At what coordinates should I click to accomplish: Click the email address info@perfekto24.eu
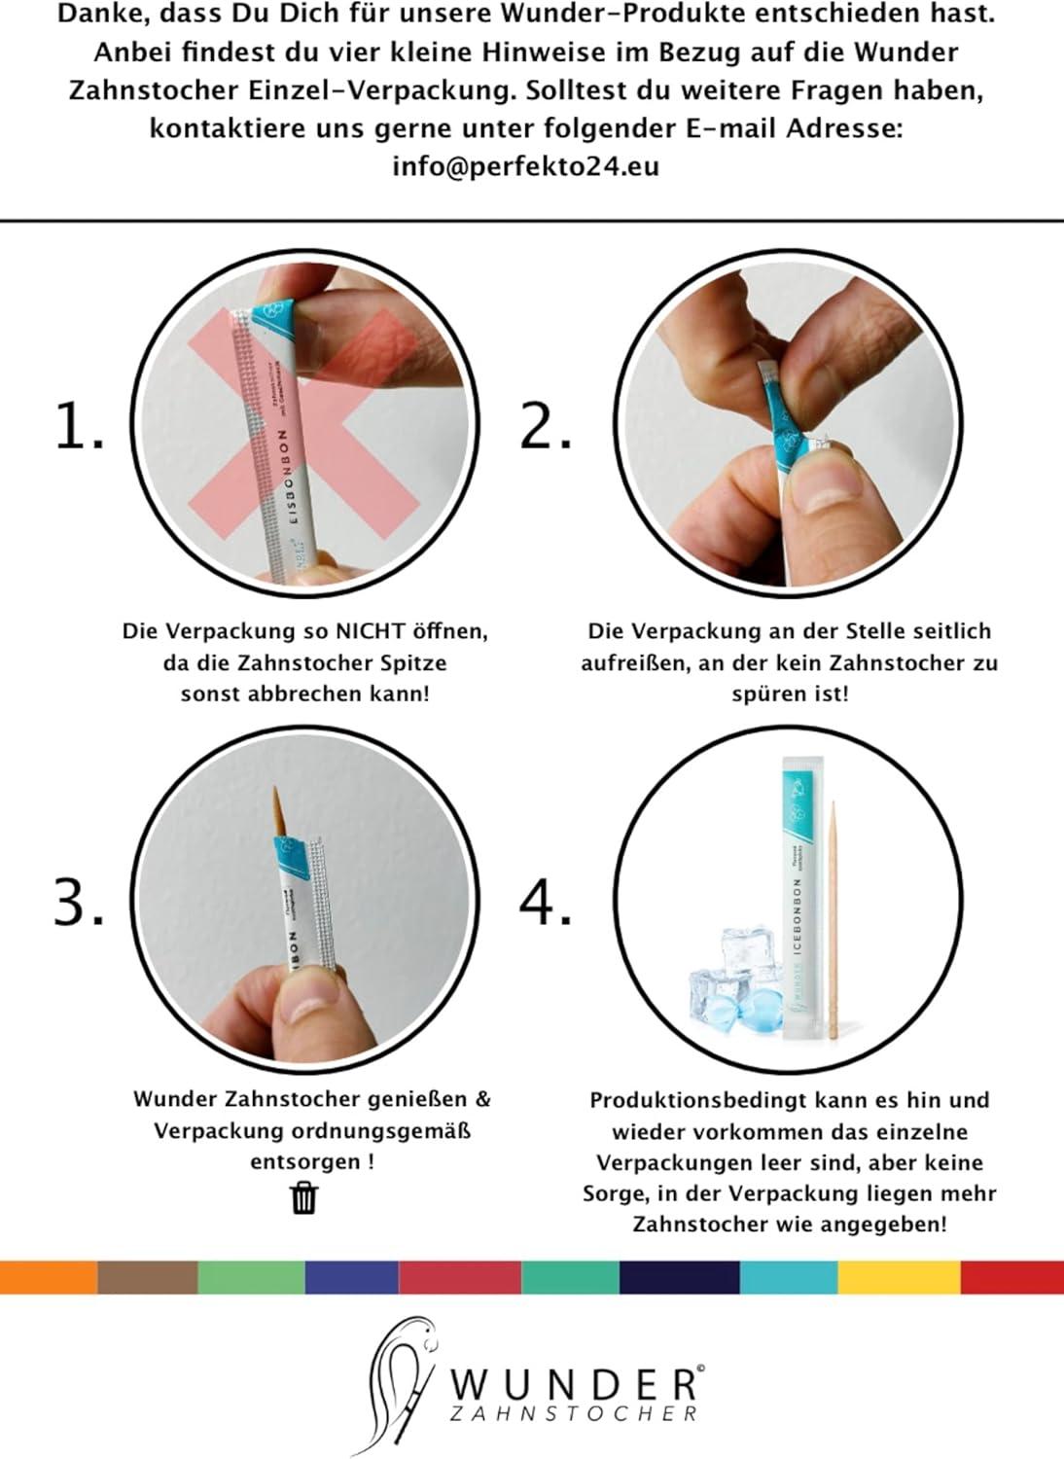[x=525, y=166]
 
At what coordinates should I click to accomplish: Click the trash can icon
[x=304, y=1197]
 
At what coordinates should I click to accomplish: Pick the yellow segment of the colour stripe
[x=899, y=1277]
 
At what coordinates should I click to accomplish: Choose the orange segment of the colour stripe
[x=49, y=1277]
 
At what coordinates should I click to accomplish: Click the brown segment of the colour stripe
[x=148, y=1277]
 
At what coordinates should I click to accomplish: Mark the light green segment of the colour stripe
[x=251, y=1277]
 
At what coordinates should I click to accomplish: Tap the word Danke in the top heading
[x=89, y=15]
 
